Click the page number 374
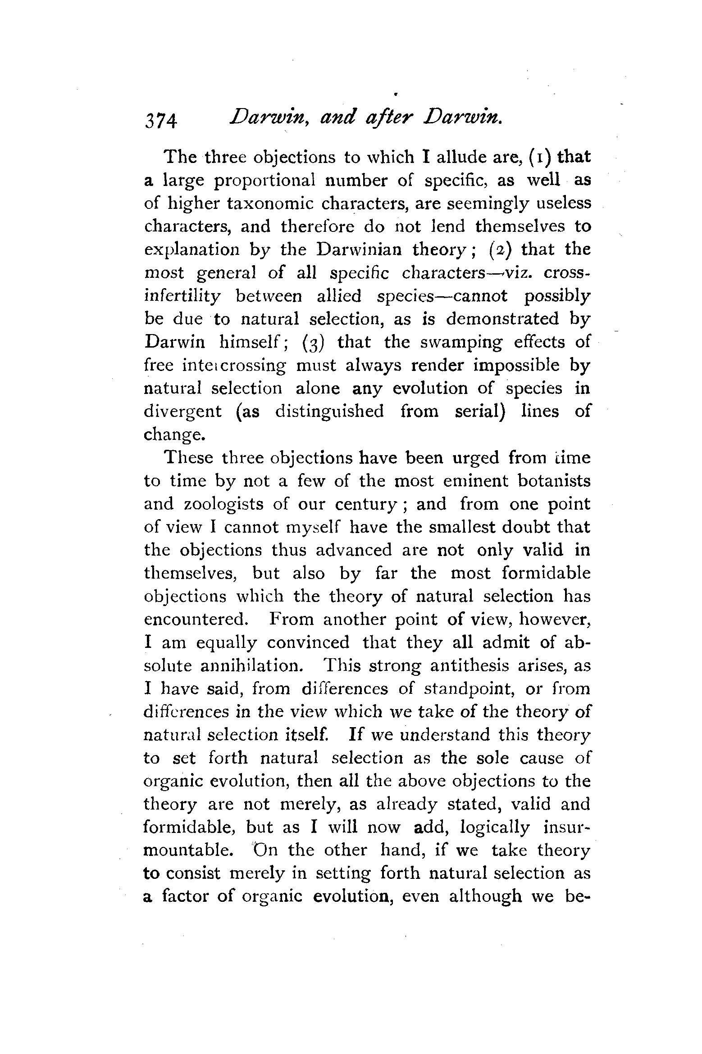pos(161,121)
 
